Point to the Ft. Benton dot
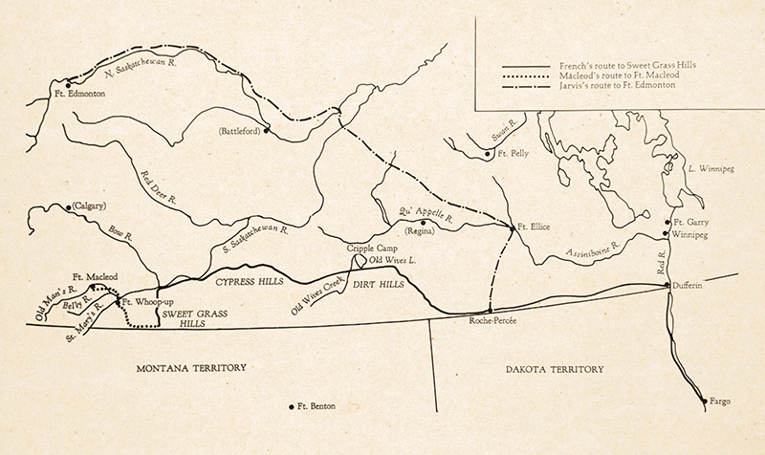pos(293,406)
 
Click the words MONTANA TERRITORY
pos(192,367)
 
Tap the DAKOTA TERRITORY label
pos(552,367)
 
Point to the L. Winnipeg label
pos(711,167)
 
